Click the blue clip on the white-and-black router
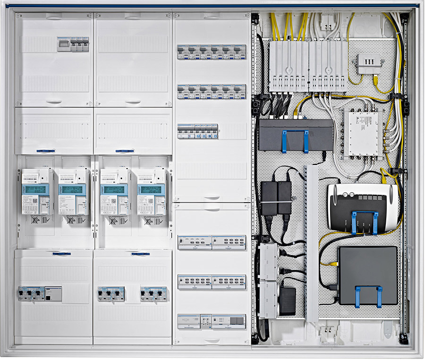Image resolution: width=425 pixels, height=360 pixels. (x=364, y=223)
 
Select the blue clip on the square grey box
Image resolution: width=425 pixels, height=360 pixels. (x=368, y=296)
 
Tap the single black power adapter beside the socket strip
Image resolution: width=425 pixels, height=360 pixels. (x=287, y=300)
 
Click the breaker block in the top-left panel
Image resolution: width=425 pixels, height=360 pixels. (x=73, y=44)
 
